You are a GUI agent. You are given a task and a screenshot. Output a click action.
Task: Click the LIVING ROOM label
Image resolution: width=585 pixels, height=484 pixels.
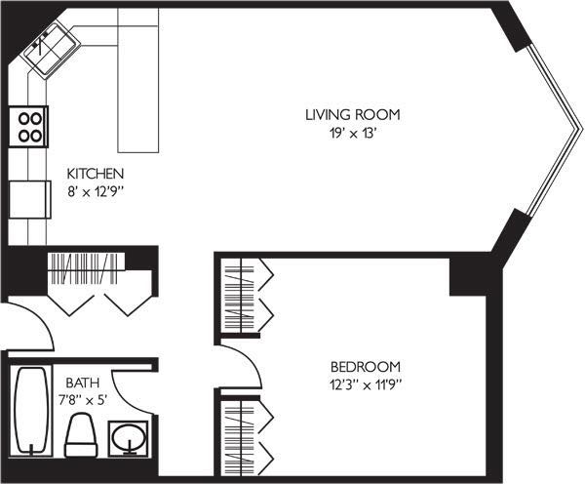coord(353,114)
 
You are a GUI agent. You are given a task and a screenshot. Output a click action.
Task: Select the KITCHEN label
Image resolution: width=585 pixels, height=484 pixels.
coord(96,174)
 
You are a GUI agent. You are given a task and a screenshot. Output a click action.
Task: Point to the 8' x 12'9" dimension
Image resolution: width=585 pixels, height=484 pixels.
coord(96,192)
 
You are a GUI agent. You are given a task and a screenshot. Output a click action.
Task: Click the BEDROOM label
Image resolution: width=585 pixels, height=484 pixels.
coord(366,367)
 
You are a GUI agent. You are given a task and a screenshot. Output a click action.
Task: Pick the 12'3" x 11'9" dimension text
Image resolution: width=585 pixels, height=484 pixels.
coord(366,384)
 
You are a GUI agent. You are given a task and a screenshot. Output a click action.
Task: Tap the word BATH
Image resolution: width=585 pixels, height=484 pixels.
coord(83,383)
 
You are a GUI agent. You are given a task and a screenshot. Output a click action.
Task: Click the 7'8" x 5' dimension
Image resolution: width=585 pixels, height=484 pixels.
coord(83,400)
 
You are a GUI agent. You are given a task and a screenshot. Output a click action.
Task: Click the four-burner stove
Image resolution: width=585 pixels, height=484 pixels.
coord(28,127)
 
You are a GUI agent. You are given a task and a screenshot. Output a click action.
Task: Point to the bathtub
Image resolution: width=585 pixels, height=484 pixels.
coord(31,411)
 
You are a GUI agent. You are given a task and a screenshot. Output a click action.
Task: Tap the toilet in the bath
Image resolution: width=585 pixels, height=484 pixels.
coord(81,435)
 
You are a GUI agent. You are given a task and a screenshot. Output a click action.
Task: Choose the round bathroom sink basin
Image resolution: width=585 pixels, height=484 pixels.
coord(129,438)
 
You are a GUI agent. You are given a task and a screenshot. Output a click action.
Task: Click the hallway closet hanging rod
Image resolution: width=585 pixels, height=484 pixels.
coord(86,268)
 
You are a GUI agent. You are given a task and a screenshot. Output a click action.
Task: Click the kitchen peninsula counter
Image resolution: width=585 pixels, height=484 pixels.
coord(138,80)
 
